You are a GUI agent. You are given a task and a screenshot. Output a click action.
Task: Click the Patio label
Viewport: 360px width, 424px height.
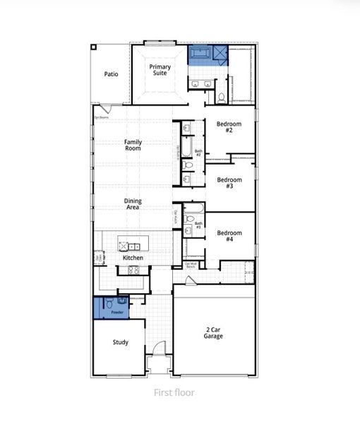(x=111, y=73)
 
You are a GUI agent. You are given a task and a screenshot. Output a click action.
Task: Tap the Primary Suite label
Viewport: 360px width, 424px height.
(x=160, y=69)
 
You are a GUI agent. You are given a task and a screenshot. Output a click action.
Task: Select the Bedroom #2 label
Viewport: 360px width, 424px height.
(x=229, y=127)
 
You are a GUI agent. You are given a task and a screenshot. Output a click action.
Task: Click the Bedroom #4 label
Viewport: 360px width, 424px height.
(x=229, y=236)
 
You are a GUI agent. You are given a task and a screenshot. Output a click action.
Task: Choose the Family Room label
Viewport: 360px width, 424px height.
(x=133, y=146)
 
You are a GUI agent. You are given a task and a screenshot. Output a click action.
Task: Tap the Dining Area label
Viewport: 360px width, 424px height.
(x=133, y=204)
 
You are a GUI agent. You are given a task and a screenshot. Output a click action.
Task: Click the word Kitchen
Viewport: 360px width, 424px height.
(x=133, y=258)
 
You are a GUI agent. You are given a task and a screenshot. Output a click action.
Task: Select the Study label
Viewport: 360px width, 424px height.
(x=120, y=343)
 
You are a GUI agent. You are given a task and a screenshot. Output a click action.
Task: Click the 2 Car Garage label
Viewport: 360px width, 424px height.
(x=213, y=333)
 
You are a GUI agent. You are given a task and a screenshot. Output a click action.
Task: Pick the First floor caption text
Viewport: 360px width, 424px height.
(x=174, y=392)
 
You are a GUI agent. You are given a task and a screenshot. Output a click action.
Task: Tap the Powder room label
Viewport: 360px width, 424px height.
(x=117, y=312)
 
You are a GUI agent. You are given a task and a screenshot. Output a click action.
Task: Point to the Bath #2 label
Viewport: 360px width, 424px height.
(x=198, y=153)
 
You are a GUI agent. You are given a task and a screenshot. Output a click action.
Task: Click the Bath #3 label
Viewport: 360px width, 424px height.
(x=198, y=225)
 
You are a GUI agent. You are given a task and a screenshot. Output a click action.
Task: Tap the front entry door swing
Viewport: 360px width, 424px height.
(x=160, y=348)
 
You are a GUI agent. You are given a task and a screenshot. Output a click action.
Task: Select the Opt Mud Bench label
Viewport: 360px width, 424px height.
(x=191, y=266)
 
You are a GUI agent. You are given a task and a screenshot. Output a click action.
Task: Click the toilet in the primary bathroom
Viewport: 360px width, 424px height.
(x=221, y=97)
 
